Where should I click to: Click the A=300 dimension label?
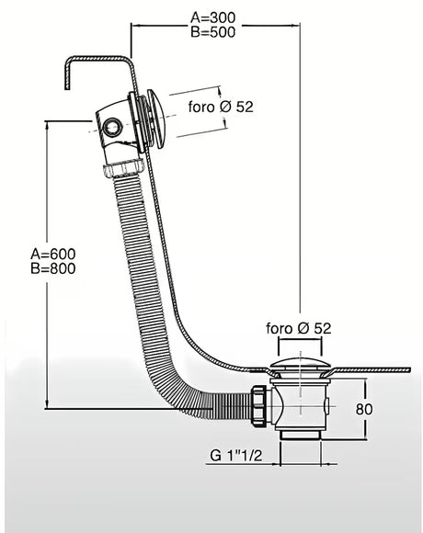tap(212, 17)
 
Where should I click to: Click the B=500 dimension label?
tap(212, 32)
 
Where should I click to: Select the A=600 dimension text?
tap(53, 254)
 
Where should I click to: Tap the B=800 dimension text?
tap(53, 268)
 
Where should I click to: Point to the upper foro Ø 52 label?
tap(221, 107)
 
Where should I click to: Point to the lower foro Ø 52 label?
tap(299, 328)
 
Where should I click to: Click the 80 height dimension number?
tap(364, 409)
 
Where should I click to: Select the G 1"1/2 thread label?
tap(236, 456)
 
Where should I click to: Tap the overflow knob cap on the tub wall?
tap(156, 119)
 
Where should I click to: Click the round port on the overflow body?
tap(112, 127)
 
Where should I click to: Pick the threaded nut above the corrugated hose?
tap(123, 168)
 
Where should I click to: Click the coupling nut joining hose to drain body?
tap(260, 404)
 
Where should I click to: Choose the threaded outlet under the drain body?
tap(301, 436)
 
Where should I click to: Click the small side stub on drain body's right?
tap(327, 406)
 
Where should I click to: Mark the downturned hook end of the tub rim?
tap(67, 75)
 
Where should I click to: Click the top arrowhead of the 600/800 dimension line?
tap(47, 125)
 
